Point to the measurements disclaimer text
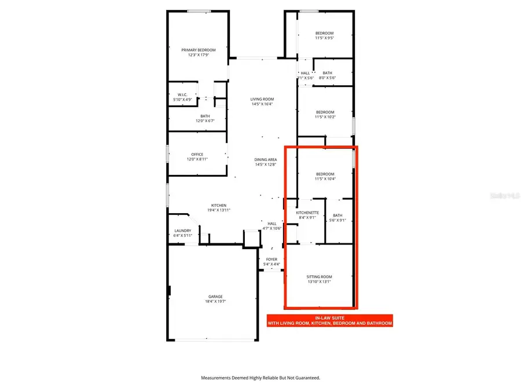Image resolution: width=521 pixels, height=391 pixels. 260,378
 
